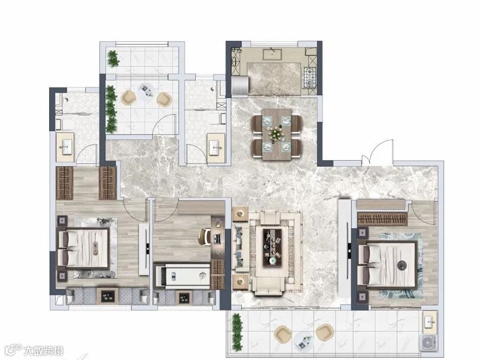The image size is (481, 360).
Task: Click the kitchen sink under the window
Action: [272, 54]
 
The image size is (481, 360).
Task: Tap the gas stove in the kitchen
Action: [309, 77]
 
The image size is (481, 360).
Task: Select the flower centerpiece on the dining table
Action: [276, 133]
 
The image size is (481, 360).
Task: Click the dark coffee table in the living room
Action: [272, 247]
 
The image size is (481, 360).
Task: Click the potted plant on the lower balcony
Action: [237, 332]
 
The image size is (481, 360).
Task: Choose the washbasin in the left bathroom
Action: [65, 147]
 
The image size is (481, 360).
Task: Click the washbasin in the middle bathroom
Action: [216, 148]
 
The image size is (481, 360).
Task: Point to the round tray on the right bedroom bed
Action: [402, 265]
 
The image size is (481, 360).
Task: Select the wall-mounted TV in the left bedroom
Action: [147, 248]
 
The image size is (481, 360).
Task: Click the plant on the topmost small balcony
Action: [114, 59]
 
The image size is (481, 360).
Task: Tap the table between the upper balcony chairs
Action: [146, 91]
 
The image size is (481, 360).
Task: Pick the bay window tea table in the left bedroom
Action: [108, 296]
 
